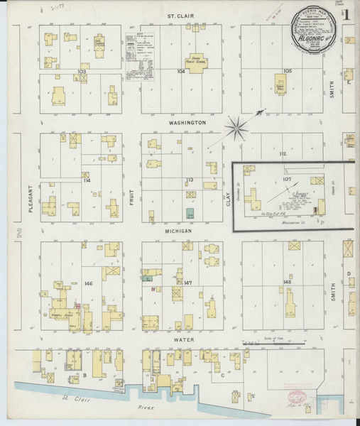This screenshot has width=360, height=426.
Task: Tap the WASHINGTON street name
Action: (187, 122)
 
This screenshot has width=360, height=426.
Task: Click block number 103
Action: (82, 72)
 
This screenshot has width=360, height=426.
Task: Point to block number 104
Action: (180, 72)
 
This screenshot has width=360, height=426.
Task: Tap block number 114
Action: (87, 181)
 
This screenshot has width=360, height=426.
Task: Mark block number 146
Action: (88, 283)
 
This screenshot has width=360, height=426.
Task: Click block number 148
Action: (287, 283)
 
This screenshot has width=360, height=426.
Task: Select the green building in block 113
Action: (189, 213)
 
